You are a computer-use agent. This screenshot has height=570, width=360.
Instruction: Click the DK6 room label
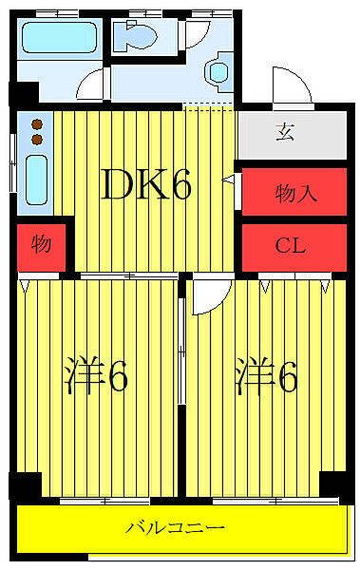[x=147, y=186]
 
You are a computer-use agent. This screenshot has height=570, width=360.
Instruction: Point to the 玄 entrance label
[x=284, y=132]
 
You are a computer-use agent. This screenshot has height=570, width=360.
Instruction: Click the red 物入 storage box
[x=294, y=194]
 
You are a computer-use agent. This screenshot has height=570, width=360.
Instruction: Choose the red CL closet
[x=293, y=246]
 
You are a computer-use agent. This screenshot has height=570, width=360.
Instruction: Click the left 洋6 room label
[x=97, y=377]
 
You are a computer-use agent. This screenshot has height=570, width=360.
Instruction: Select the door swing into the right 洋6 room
[x=206, y=296]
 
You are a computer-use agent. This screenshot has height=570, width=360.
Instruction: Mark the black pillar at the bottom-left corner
[x=28, y=484]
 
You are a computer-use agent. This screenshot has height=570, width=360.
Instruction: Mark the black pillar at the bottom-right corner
[x=333, y=484]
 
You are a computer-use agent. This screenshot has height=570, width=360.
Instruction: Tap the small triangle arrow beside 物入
[x=229, y=179]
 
